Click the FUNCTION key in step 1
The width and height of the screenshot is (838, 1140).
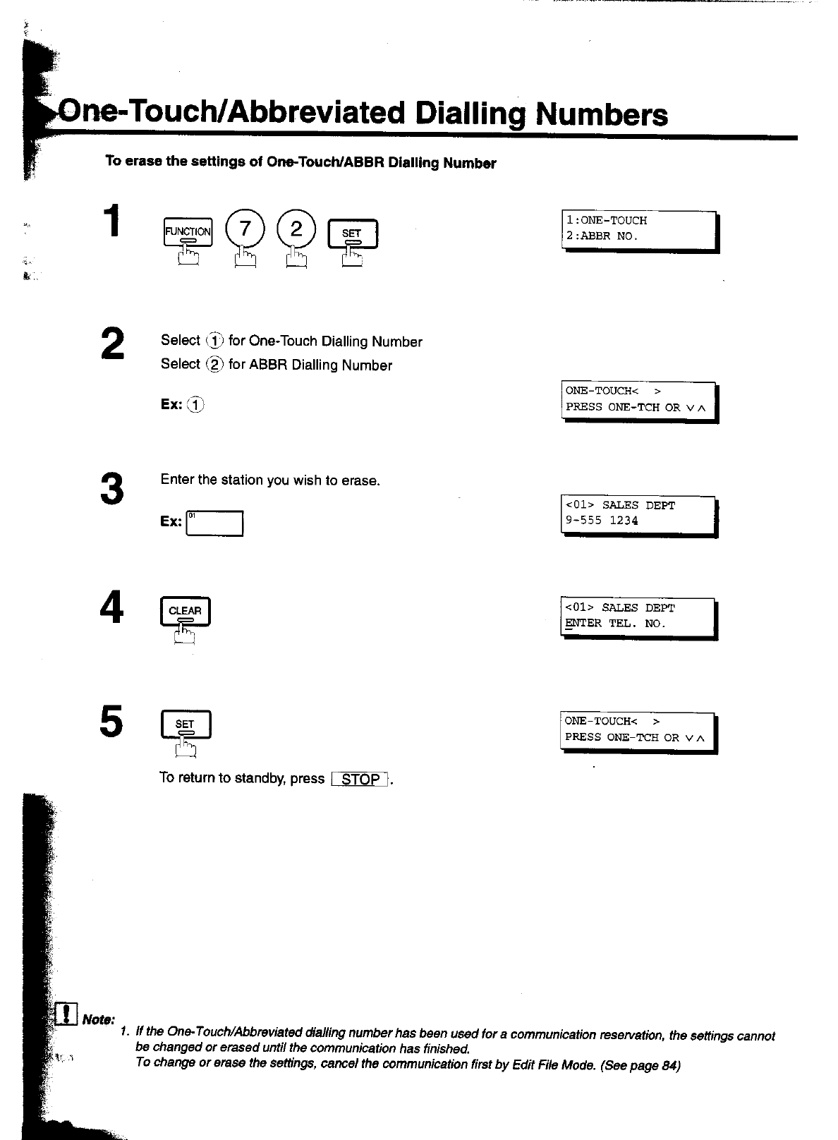click(x=188, y=231)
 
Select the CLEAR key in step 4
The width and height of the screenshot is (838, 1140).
click(x=186, y=612)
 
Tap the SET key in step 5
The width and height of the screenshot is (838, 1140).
click(x=186, y=724)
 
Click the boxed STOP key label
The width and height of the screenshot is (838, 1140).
click(x=360, y=780)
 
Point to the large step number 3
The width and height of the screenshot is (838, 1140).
click(x=112, y=488)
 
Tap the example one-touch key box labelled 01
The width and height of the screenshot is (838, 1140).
click(x=214, y=523)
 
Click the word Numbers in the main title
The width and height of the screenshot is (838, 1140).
click(x=601, y=114)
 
